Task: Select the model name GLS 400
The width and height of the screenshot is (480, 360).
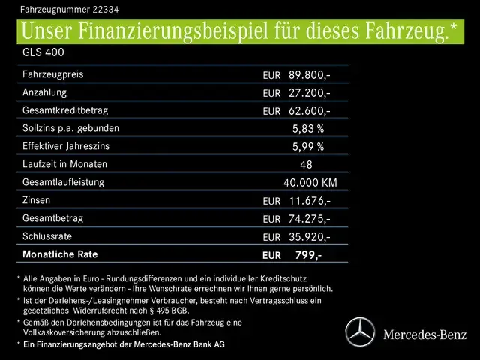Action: click(x=43, y=54)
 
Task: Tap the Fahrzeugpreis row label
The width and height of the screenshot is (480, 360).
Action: click(x=53, y=75)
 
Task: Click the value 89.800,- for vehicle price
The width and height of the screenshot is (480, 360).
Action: click(x=309, y=75)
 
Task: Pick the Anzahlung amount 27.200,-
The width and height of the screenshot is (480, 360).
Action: click(x=309, y=93)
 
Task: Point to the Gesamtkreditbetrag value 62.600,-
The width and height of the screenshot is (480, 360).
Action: click(x=309, y=111)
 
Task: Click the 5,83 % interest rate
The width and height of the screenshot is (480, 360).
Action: click(x=307, y=129)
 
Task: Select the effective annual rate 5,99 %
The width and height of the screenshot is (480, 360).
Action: click(x=307, y=147)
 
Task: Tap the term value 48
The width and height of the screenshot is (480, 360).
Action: click(x=306, y=165)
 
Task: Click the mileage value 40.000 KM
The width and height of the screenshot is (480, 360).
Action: click(x=310, y=183)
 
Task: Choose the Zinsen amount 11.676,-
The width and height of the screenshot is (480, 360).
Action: click(x=309, y=201)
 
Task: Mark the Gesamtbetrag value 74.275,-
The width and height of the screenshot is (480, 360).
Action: click(x=309, y=219)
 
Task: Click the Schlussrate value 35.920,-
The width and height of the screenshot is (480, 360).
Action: click(x=309, y=237)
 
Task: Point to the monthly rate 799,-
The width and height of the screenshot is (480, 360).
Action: click(x=308, y=255)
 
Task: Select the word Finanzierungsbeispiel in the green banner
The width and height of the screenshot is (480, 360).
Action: click(x=187, y=32)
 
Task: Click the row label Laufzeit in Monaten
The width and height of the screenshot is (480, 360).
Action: click(x=65, y=164)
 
